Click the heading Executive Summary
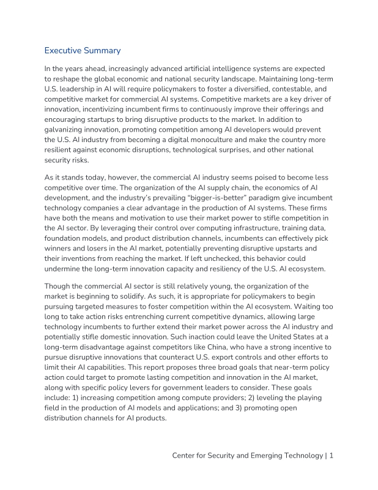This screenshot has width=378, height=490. tap(83, 50)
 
